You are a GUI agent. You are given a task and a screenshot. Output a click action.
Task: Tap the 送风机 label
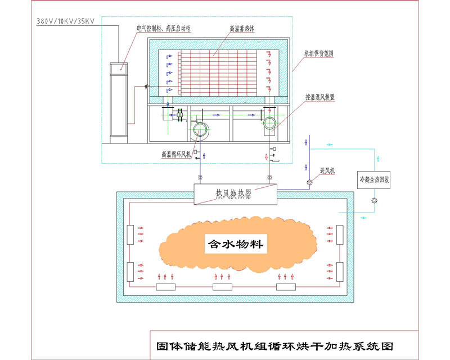tap(327, 170)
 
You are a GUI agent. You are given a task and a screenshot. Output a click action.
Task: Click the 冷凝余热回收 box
tap(375, 180)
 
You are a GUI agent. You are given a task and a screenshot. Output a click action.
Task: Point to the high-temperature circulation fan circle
tap(199, 132)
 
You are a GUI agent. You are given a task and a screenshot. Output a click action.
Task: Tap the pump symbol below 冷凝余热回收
tap(375, 200)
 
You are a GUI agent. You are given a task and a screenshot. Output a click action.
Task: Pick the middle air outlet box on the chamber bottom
tap(222, 287)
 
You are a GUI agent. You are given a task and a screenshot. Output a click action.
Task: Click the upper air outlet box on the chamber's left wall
tap(130, 234)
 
